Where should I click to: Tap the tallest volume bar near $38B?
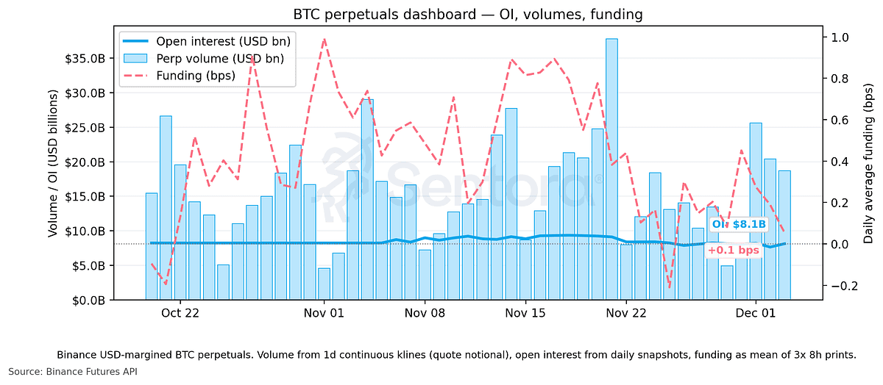tap(611, 169)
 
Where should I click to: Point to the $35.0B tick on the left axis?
tap(93, 59)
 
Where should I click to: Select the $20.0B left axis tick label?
tap(93, 162)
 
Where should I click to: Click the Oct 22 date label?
tap(180, 312)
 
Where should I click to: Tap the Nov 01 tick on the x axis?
tap(324, 312)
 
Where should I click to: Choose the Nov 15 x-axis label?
tap(525, 312)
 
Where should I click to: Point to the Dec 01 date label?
tap(756, 312)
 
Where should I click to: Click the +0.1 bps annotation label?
tap(733, 251)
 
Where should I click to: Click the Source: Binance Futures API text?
tap(73, 372)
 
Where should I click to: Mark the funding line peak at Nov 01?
tap(324, 39)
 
